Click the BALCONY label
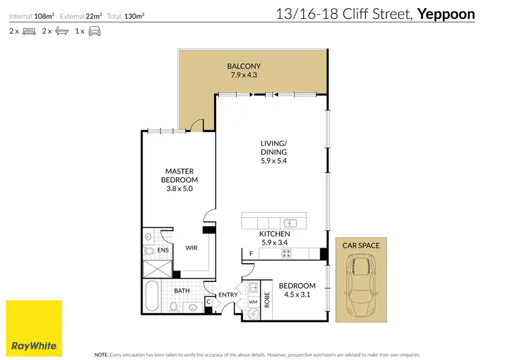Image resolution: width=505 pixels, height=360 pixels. point(244,66)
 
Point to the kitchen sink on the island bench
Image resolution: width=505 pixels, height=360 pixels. point(291,223)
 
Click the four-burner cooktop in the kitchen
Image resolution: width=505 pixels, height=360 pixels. point(285,254)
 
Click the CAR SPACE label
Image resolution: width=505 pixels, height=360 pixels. point(362,246)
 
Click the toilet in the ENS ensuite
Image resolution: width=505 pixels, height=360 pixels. point(149,251)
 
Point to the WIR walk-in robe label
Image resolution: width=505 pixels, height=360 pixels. point(191,248)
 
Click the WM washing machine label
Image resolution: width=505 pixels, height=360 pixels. point(253,302)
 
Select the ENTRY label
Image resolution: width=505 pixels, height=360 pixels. point(227,295)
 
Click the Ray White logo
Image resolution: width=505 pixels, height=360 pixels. point(34,328)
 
